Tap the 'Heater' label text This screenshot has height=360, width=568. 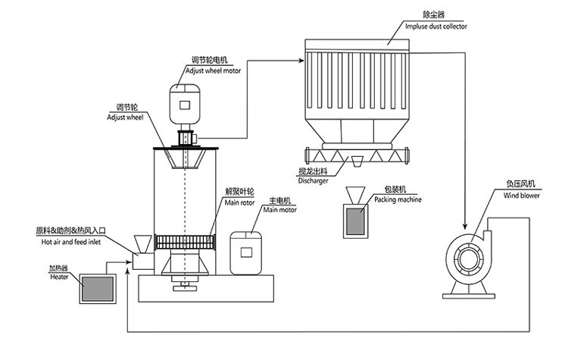point(59,277)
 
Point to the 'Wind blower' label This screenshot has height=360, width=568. point(520,195)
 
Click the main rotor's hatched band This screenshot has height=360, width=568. point(184,243)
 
